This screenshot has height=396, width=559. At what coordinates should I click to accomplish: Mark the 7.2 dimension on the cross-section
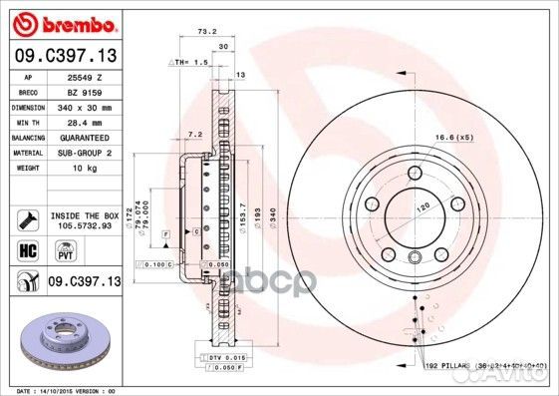(195, 134)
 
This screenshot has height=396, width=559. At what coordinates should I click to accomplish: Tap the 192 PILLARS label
(444, 366)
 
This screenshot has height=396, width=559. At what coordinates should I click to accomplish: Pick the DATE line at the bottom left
(60, 389)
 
